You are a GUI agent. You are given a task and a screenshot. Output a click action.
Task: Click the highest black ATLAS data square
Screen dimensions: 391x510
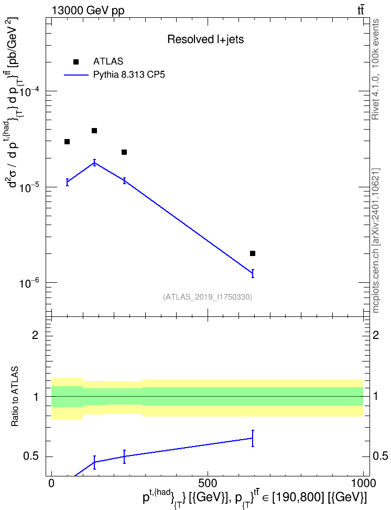tap(94, 131)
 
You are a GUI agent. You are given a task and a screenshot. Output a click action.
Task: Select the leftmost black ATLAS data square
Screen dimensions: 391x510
tap(67, 142)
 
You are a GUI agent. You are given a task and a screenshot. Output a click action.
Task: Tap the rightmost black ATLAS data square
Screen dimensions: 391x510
tap(253, 253)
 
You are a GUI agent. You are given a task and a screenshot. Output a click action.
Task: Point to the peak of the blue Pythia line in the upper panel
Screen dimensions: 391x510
tap(94, 163)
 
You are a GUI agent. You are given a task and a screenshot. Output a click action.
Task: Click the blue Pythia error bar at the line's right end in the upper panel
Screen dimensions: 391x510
tap(253, 273)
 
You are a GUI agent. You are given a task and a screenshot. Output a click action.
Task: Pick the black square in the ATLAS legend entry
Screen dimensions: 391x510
tap(76, 62)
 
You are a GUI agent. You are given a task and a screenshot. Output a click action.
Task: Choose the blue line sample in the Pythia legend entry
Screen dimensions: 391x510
tap(76, 75)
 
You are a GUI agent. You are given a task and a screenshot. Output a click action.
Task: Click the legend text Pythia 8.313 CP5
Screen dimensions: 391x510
tap(129, 75)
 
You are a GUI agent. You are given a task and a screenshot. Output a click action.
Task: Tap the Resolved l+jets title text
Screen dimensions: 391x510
tap(205, 39)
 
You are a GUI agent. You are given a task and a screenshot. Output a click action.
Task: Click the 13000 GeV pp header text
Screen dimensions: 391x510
tap(88, 10)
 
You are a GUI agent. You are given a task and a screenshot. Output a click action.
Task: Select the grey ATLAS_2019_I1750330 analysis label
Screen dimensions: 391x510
tap(208, 296)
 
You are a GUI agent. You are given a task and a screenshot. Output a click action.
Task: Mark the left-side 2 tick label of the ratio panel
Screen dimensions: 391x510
tap(36, 335)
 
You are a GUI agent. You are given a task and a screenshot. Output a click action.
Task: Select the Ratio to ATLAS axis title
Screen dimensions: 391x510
tap(15, 396)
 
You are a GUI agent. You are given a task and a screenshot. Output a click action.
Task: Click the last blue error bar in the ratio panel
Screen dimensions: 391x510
tap(253, 438)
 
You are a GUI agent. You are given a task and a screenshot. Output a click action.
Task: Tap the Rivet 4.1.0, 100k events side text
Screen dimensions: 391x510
tap(375, 69)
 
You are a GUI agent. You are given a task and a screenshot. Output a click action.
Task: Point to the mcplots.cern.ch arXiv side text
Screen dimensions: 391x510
tap(376, 240)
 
